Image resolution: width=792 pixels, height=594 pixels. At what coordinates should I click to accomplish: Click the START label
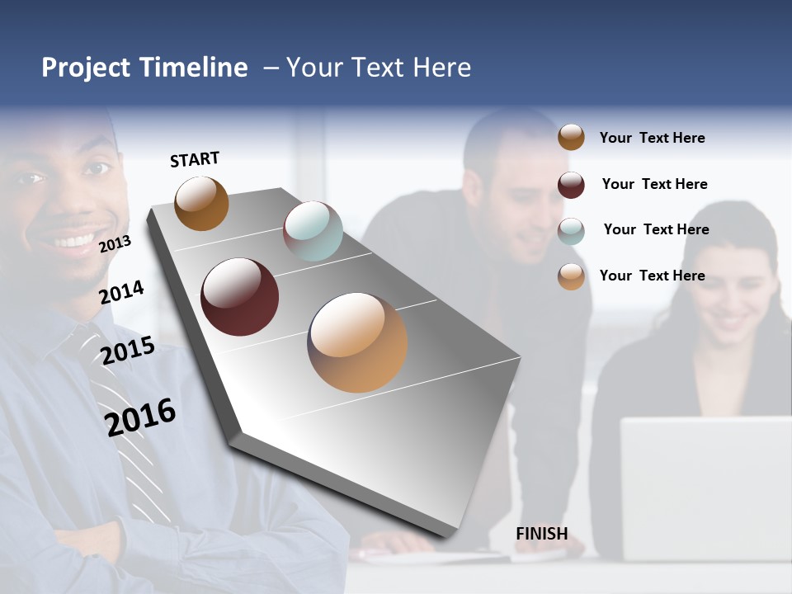tap(195, 159)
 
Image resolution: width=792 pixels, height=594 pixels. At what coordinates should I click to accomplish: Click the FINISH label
tap(541, 534)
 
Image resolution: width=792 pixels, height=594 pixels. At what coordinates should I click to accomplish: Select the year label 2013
tap(115, 243)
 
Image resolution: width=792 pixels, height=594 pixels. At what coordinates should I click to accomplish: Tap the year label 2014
tap(122, 292)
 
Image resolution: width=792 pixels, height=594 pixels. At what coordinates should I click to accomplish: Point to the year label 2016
tap(141, 417)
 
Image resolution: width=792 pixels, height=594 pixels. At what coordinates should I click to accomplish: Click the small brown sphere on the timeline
tap(201, 203)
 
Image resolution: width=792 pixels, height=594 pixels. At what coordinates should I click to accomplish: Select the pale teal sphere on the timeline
tap(313, 231)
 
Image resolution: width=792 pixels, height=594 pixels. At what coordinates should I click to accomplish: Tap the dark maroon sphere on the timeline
tap(240, 297)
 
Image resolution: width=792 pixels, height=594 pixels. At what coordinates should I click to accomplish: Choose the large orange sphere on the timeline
tap(357, 342)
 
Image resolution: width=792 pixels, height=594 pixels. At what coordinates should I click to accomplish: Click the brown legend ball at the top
tap(571, 138)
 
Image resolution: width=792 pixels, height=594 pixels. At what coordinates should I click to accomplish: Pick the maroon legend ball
tap(571, 185)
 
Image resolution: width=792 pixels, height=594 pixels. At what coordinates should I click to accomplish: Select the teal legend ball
tap(571, 231)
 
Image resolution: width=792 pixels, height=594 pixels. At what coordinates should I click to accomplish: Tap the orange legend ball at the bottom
tap(571, 276)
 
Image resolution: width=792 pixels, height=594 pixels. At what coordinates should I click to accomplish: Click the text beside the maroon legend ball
tap(654, 184)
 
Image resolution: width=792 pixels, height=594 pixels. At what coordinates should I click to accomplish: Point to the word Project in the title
tap(86, 68)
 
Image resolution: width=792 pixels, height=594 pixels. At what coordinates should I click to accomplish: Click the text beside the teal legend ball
tap(656, 229)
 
